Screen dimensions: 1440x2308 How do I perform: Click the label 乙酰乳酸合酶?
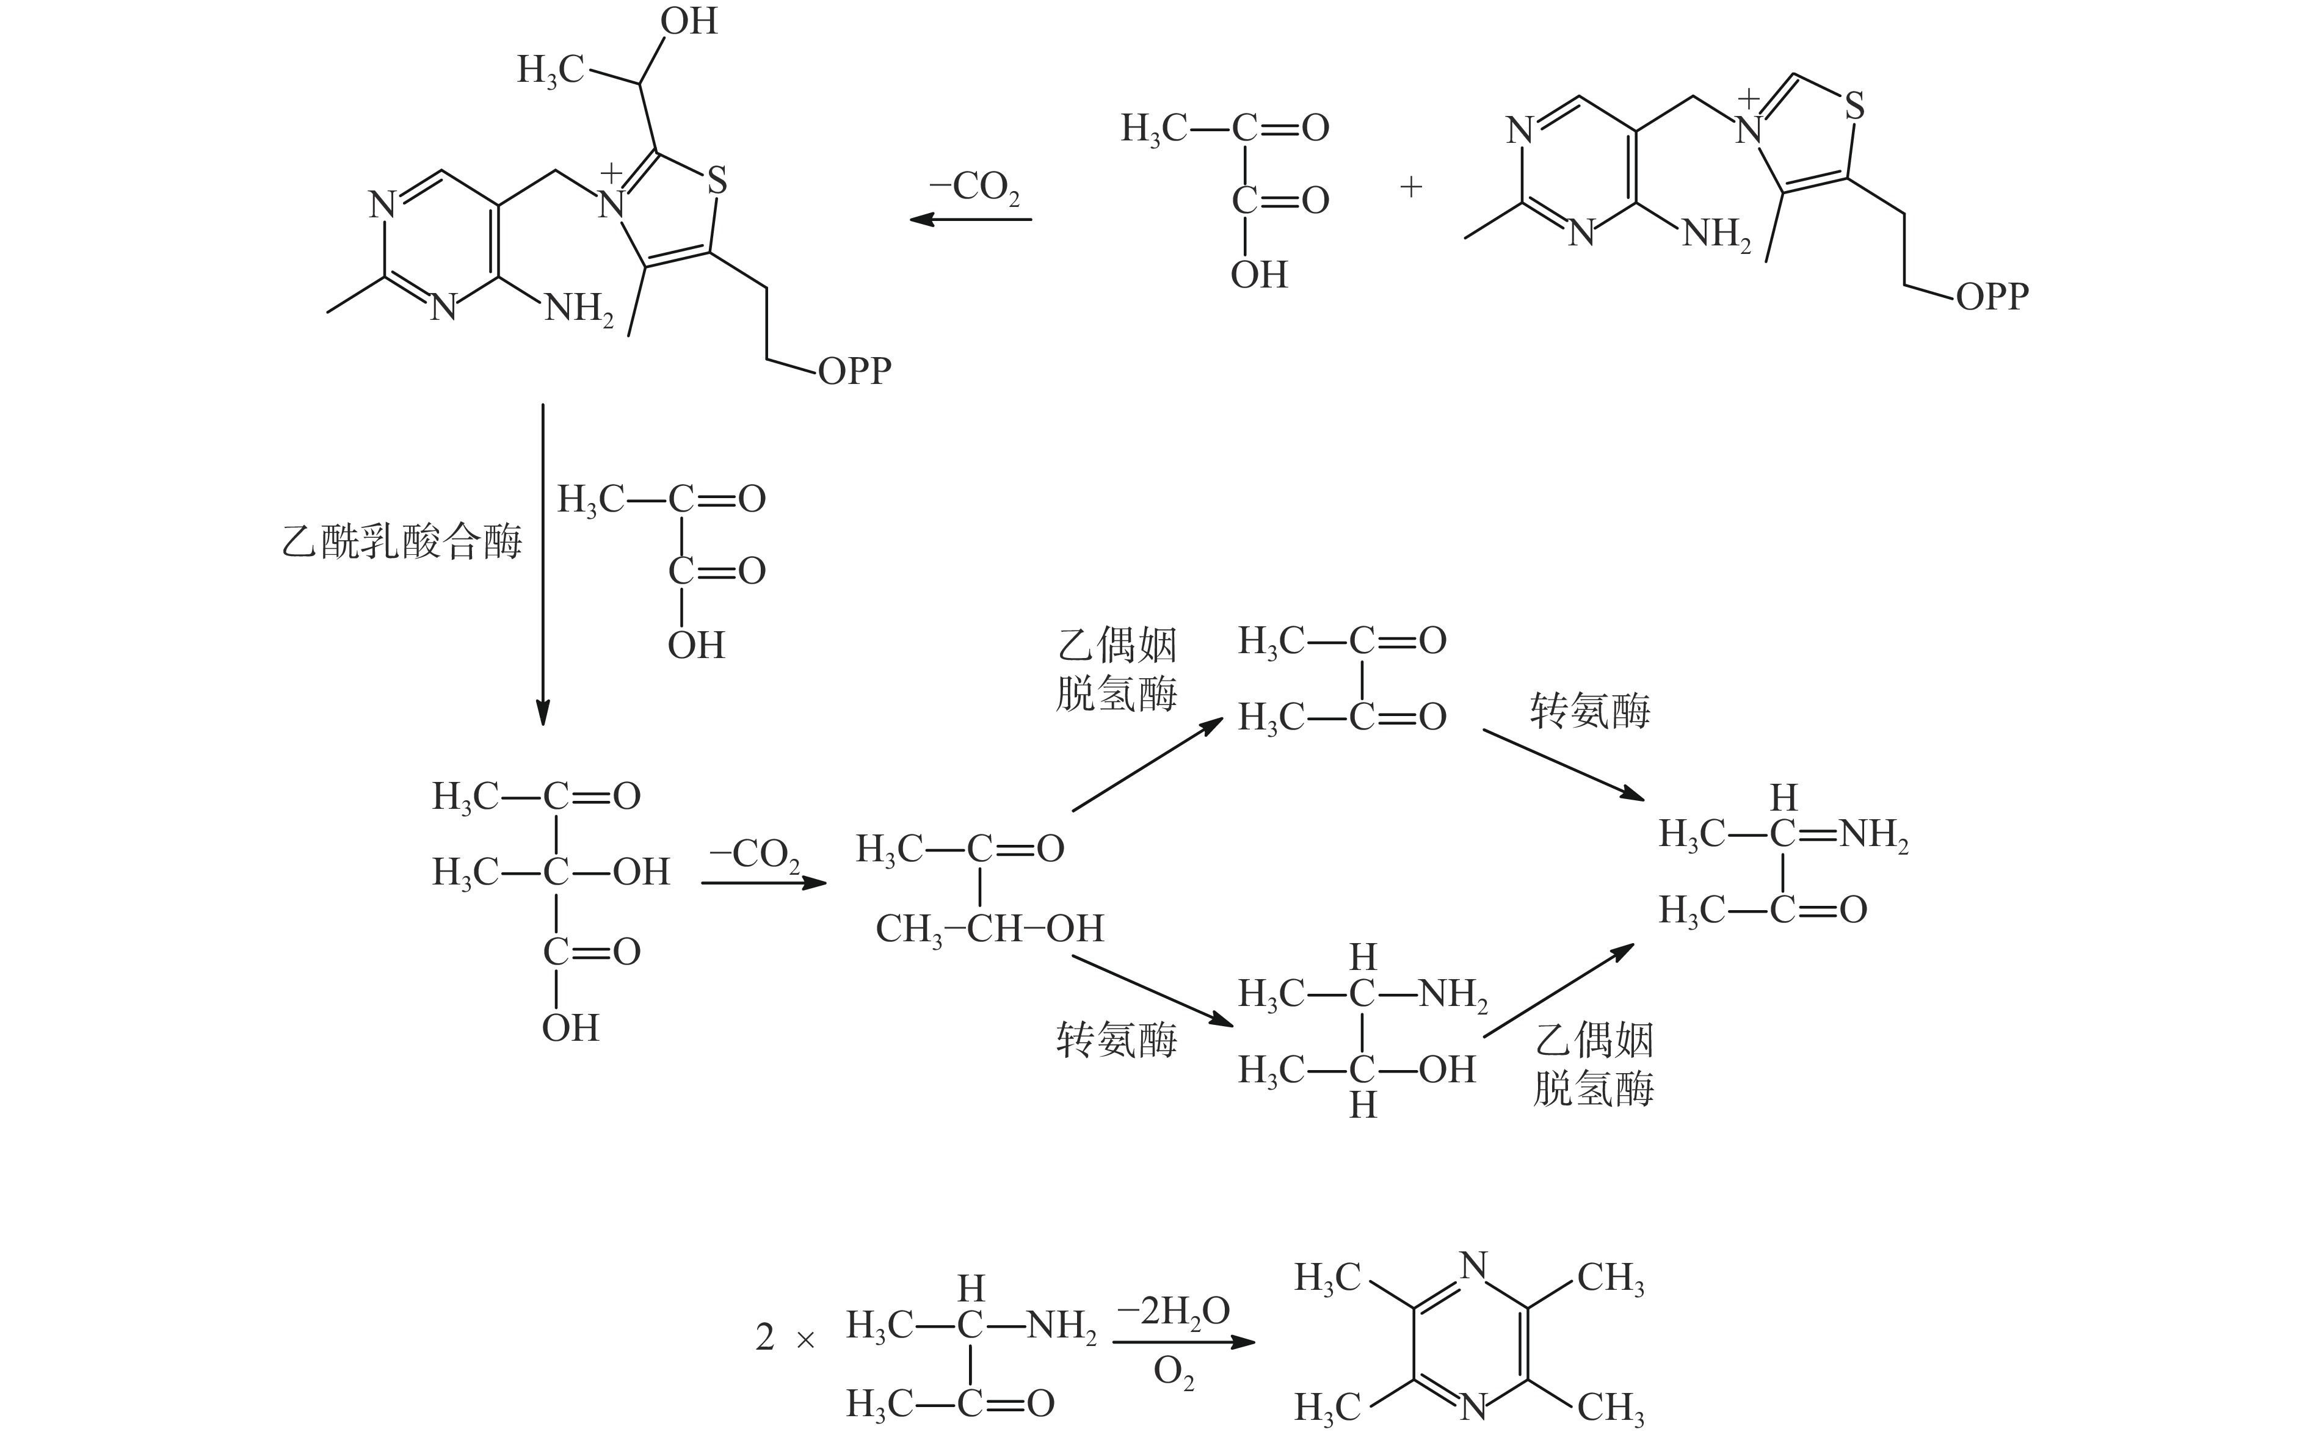coord(401,543)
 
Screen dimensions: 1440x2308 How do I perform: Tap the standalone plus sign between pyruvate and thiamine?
coord(1410,187)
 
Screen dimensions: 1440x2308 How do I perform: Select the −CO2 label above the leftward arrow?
coord(973,187)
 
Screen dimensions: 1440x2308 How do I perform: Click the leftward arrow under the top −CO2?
coord(971,220)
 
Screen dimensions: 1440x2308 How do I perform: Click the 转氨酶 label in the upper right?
coord(1590,711)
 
